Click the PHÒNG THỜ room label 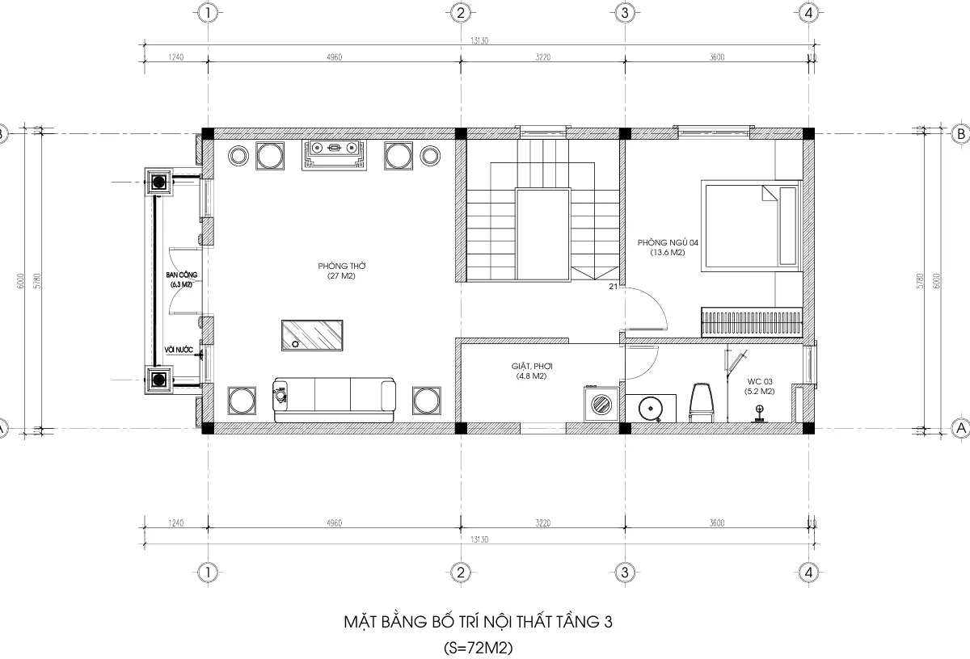pyautogui.click(x=337, y=271)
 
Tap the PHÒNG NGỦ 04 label pyautogui.click(x=667, y=247)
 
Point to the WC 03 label pyautogui.click(x=760, y=386)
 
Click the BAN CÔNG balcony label pyautogui.click(x=181, y=279)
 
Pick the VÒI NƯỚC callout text pyautogui.click(x=179, y=350)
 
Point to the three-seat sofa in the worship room pyautogui.click(x=335, y=400)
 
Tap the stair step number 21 pyautogui.click(x=613, y=287)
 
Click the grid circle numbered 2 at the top pyautogui.click(x=459, y=13)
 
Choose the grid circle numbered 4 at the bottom pyautogui.click(x=808, y=572)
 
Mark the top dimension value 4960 pyautogui.click(x=334, y=57)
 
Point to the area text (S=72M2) pyautogui.click(x=479, y=647)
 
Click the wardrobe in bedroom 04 pyautogui.click(x=751, y=322)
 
